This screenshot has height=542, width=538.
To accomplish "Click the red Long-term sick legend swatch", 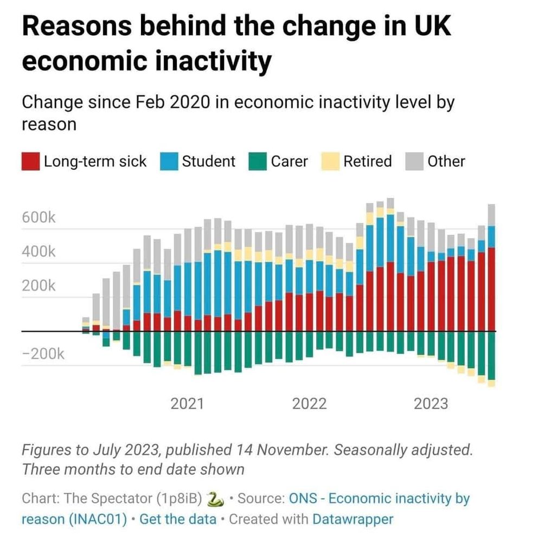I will (30, 162).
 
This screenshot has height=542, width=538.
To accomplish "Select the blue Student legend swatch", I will (170, 162).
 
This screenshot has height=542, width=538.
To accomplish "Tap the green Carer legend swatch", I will (258, 162).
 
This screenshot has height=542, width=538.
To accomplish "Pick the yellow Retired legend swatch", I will (331, 162).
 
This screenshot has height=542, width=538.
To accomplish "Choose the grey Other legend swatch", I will (414, 162).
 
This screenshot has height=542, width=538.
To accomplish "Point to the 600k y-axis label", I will (39, 218).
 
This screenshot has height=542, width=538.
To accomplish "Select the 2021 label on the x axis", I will (187, 404).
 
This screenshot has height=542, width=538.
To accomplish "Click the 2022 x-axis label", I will (309, 404).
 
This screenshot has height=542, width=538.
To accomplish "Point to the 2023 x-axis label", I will (431, 404).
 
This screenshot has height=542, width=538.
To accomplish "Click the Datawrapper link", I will (353, 519).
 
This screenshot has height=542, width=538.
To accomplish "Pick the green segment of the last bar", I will (491, 356).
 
